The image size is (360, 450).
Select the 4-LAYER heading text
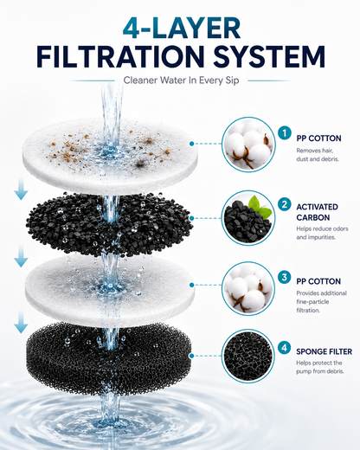pos(182,28)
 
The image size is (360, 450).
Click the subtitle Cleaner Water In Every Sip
pos(181,80)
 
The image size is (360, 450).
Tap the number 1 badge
pos(285,133)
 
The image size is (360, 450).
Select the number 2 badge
pos(285,204)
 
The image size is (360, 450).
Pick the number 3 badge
pos(285,277)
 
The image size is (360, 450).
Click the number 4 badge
pos(285,348)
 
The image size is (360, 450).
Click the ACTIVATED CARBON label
pos(317,212)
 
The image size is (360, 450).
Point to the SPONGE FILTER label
pos(325,351)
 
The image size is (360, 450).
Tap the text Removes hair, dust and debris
pos(317,155)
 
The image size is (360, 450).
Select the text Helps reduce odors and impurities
pos(322,233)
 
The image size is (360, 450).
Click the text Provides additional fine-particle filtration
pos(321,302)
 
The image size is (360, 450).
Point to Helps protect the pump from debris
pos(320,367)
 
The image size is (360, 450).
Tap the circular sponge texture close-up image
pos(248,357)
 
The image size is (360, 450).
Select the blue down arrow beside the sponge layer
pos(21,322)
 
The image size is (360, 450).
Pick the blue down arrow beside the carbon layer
pos(21,189)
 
